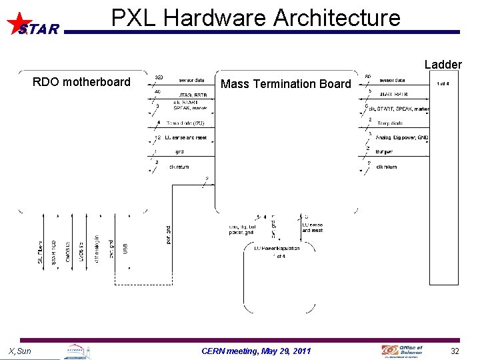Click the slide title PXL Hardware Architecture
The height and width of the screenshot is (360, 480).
[x=256, y=17]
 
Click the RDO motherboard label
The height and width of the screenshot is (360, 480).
[x=81, y=82]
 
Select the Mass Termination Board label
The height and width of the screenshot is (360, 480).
[x=285, y=84]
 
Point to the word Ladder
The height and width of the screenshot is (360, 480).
[x=443, y=65]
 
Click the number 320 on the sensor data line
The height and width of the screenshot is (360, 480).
[x=160, y=79]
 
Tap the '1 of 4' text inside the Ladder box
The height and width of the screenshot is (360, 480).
[x=442, y=83]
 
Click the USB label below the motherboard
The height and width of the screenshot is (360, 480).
[x=125, y=248]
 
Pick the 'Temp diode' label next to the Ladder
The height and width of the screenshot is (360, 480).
[x=390, y=123]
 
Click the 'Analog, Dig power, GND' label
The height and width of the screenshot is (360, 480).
[x=402, y=137]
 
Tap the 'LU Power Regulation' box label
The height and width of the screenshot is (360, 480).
[x=277, y=248]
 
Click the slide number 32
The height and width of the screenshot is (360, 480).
[x=455, y=351]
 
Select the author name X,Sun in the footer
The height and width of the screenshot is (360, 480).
[x=19, y=351]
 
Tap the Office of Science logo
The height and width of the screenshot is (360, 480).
[x=402, y=350]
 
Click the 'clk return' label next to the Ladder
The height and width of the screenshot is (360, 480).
[x=387, y=167]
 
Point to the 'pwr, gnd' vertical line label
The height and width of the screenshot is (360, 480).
[x=168, y=233]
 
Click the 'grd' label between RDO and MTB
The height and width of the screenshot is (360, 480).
[x=179, y=151]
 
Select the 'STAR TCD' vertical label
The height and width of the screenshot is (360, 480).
[x=54, y=252]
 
